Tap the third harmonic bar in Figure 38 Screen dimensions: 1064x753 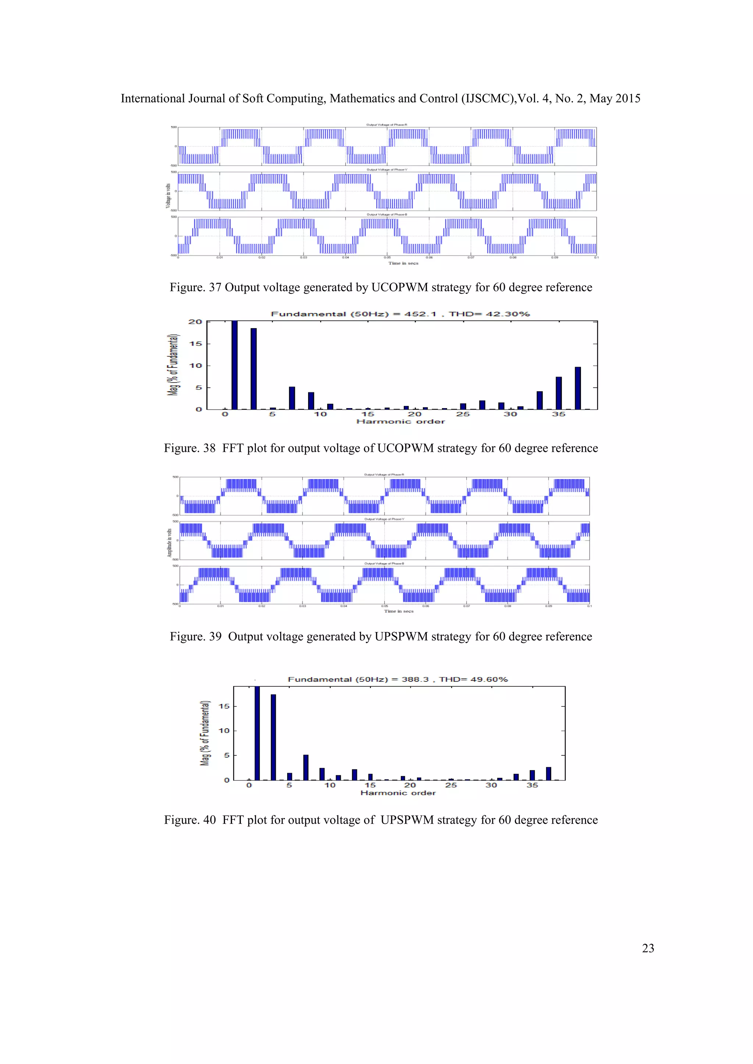254,369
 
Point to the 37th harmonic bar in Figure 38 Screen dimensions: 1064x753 578,388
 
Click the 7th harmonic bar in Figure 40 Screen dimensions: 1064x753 306,768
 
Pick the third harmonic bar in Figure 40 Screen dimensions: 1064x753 274,737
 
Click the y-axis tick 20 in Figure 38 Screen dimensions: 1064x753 195,321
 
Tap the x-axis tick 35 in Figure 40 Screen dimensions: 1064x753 532,785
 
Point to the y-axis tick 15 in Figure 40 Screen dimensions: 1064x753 224,706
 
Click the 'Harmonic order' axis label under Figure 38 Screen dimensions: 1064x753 401,422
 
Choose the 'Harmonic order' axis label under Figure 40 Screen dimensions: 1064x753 398,793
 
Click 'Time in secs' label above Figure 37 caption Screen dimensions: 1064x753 403,263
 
